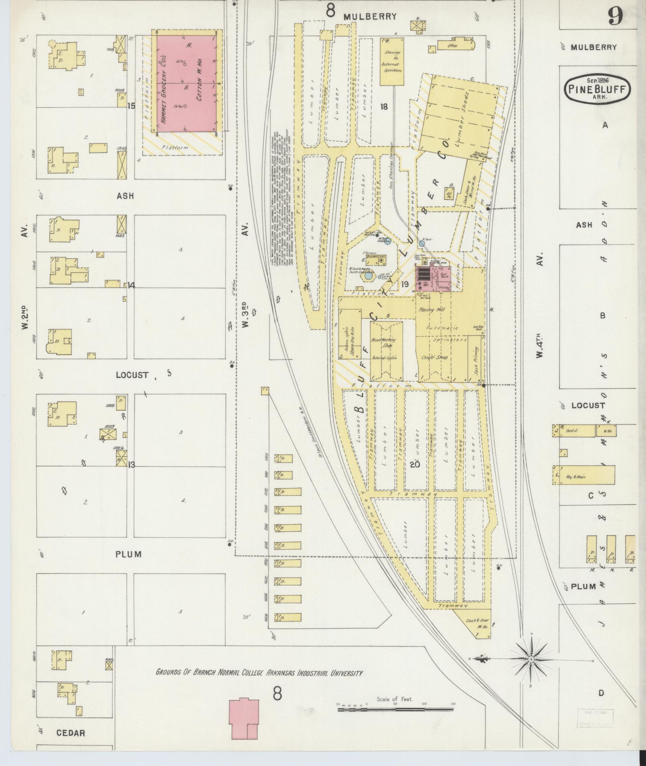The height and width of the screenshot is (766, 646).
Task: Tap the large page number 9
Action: point(615,17)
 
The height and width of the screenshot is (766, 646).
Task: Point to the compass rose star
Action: point(531,659)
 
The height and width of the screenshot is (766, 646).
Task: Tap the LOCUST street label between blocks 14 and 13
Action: point(132,375)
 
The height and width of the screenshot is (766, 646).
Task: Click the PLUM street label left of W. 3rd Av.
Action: point(129,555)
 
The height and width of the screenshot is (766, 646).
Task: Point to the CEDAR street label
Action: point(70,733)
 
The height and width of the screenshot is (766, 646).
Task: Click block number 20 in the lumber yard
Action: point(415,464)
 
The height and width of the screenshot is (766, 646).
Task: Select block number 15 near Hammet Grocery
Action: point(131,106)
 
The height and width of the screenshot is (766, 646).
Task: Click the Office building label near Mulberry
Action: point(453,46)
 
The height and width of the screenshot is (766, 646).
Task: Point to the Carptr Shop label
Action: point(435,357)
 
